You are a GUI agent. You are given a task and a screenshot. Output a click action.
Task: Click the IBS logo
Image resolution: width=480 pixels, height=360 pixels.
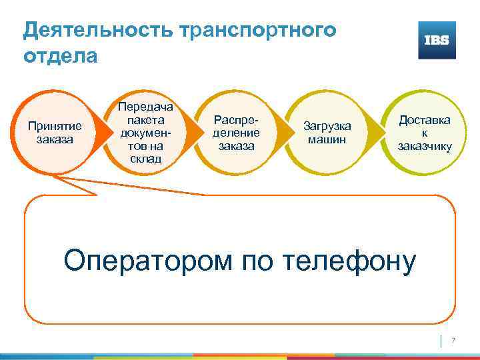point(437,40)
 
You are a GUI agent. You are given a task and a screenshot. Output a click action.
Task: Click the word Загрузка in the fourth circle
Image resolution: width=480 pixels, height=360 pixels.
point(327,126)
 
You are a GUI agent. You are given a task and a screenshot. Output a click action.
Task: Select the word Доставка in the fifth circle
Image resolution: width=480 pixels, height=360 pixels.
point(425,120)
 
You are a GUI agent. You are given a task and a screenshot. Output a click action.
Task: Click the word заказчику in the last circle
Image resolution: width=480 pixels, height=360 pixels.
point(425,147)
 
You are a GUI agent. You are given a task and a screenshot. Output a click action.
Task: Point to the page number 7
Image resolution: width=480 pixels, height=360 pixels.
point(453,341)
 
